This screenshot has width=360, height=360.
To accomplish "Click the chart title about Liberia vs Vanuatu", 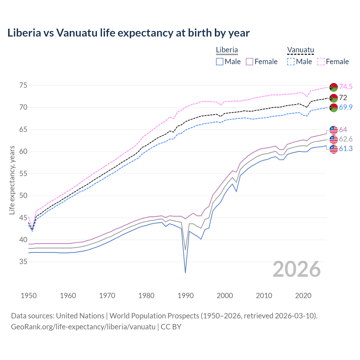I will point(128,33).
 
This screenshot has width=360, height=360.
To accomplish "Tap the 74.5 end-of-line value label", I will point(346,87).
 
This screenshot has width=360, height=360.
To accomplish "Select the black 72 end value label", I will point(343,98).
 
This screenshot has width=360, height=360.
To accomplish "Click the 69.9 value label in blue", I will point(346,107).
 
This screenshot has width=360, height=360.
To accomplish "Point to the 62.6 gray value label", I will point(346,139).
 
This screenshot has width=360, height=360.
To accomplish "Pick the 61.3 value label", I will point(346,148).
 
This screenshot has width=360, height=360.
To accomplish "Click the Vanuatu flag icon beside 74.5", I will point(334,87).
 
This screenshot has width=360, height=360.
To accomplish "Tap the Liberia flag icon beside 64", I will point(334,130).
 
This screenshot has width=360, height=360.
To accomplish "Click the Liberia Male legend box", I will point(220,62).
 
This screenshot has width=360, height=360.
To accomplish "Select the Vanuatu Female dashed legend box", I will point(321,62).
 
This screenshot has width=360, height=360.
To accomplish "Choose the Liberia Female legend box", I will point(250,62).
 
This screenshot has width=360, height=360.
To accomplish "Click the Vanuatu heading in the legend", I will point(300,50).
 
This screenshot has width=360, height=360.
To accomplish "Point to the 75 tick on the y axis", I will point(23,85).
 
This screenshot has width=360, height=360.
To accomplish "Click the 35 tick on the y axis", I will point(23,262).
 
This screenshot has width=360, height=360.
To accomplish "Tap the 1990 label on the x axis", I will point(186,296).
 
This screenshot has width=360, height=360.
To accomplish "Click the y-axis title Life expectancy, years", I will point(12,180).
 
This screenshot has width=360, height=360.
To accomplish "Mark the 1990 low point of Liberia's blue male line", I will point(185,273).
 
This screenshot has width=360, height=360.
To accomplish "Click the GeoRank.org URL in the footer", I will point(83,327).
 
